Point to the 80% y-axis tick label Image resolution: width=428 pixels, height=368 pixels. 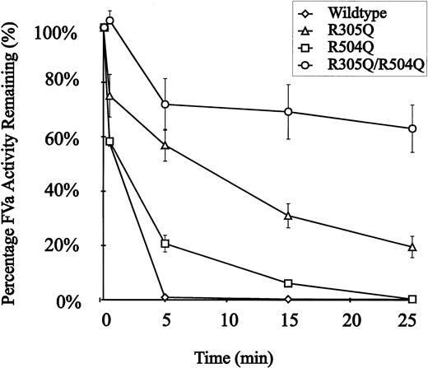(x=59, y=81)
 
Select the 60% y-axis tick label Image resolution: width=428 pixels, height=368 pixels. (x=59, y=136)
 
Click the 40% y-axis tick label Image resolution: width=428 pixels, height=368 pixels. (x=59, y=190)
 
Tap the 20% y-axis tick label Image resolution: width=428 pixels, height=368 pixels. (x=59, y=245)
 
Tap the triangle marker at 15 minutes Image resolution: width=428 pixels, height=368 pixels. (x=288, y=216)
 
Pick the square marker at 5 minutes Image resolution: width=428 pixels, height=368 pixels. (x=165, y=244)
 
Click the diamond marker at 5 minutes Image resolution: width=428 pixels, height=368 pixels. (x=165, y=297)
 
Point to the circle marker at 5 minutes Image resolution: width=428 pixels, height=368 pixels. (x=165, y=105)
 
